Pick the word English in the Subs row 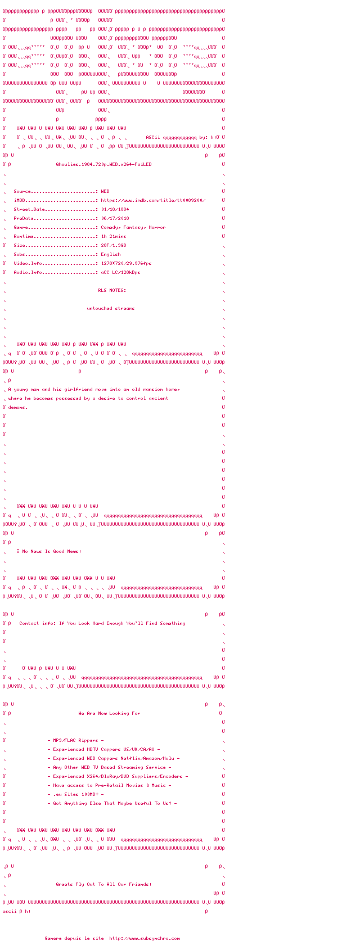pyautogui.click(x=111, y=254)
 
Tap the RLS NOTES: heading pyautogui.click(x=112, y=290)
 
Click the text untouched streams pyautogui.click(x=111, y=308)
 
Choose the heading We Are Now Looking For pyautogui.click(x=109, y=713)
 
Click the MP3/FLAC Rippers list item pyautogui.click(x=75, y=740)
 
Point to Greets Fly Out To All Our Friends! pyautogui.click(x=103, y=884)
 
